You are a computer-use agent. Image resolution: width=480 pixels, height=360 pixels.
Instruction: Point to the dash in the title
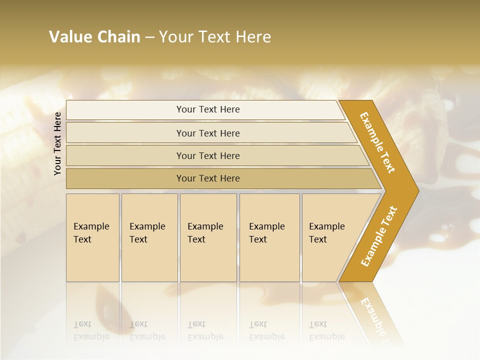click(149, 37)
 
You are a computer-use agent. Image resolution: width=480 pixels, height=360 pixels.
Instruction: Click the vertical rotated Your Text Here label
click(57, 143)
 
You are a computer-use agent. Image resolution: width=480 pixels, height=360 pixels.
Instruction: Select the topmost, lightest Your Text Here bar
click(207, 109)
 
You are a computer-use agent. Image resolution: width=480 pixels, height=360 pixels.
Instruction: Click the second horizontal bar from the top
click(207, 133)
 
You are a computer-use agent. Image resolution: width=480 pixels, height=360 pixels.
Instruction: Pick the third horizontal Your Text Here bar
click(207, 155)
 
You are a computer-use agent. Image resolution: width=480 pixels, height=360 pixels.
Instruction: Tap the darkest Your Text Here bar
click(207, 178)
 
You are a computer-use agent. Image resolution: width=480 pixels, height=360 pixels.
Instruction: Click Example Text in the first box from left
click(91, 233)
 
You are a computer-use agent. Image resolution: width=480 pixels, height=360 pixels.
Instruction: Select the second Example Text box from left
click(147, 233)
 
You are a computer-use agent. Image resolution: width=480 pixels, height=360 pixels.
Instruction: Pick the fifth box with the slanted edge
click(327, 233)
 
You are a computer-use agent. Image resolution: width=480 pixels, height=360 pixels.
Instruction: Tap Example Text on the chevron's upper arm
click(377, 142)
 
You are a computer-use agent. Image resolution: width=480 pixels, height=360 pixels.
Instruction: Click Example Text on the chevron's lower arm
click(378, 236)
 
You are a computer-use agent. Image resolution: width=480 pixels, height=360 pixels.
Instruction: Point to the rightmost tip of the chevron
click(417, 190)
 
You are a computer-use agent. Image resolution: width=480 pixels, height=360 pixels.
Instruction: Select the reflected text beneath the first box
click(91, 330)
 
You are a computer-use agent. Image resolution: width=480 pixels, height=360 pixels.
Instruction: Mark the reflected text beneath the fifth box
click(326, 330)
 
